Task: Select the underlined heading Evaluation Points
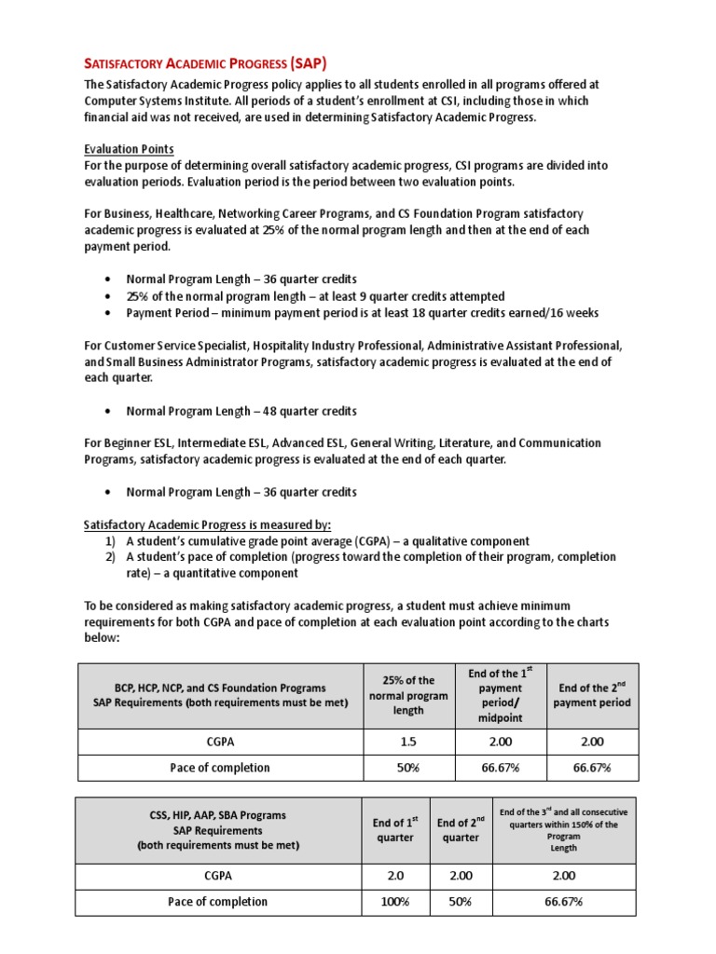tap(129, 149)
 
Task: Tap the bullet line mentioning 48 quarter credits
tap(241, 411)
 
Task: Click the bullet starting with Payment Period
tap(363, 313)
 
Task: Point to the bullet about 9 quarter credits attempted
tap(316, 296)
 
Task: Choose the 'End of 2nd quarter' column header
tap(461, 830)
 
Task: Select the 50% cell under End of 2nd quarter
tap(461, 902)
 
